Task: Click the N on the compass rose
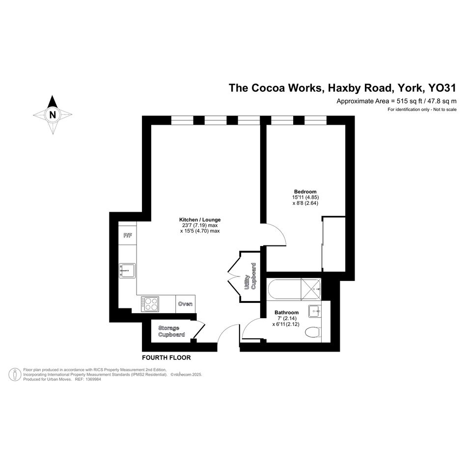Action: pyautogui.click(x=53, y=114)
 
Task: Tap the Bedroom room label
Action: pyautogui.click(x=305, y=191)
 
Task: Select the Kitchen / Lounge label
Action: pyautogui.click(x=200, y=219)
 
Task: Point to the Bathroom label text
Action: pyautogui.click(x=286, y=312)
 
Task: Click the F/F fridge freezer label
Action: pyautogui.click(x=128, y=236)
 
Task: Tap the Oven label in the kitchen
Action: pyautogui.click(x=185, y=304)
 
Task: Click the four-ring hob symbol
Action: pyautogui.click(x=150, y=304)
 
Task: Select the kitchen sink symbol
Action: pyautogui.click(x=127, y=271)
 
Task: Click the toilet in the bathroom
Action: pyautogui.click(x=313, y=332)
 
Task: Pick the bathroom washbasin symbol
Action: pyautogui.click(x=315, y=311)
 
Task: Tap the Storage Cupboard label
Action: pyautogui.click(x=172, y=331)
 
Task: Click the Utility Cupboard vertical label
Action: pyautogui.click(x=250, y=276)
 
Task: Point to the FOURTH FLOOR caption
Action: pyautogui.click(x=166, y=357)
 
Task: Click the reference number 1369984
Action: pyautogui.click(x=93, y=379)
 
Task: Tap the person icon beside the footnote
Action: pyautogui.click(x=15, y=374)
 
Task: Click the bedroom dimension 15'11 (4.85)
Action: pyautogui.click(x=305, y=197)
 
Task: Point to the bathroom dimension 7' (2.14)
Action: pyautogui.click(x=287, y=318)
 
